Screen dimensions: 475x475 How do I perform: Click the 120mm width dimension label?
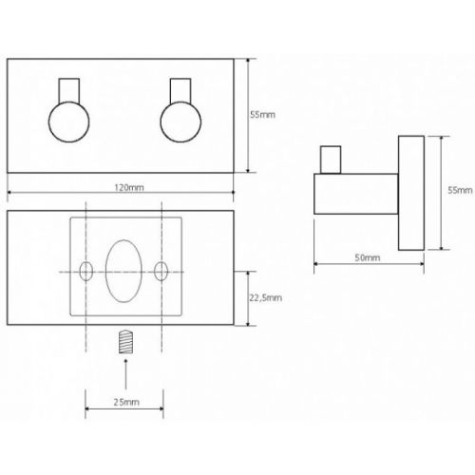tap(129, 188)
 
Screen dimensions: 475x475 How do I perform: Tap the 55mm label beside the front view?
tap(262, 115)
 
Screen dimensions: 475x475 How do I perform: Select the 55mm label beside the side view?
tap(460, 190)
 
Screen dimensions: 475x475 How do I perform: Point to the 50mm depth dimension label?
tap(368, 257)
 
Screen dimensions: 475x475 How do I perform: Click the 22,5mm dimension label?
tap(265, 297)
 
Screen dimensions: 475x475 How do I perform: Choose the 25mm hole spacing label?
tap(126, 402)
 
